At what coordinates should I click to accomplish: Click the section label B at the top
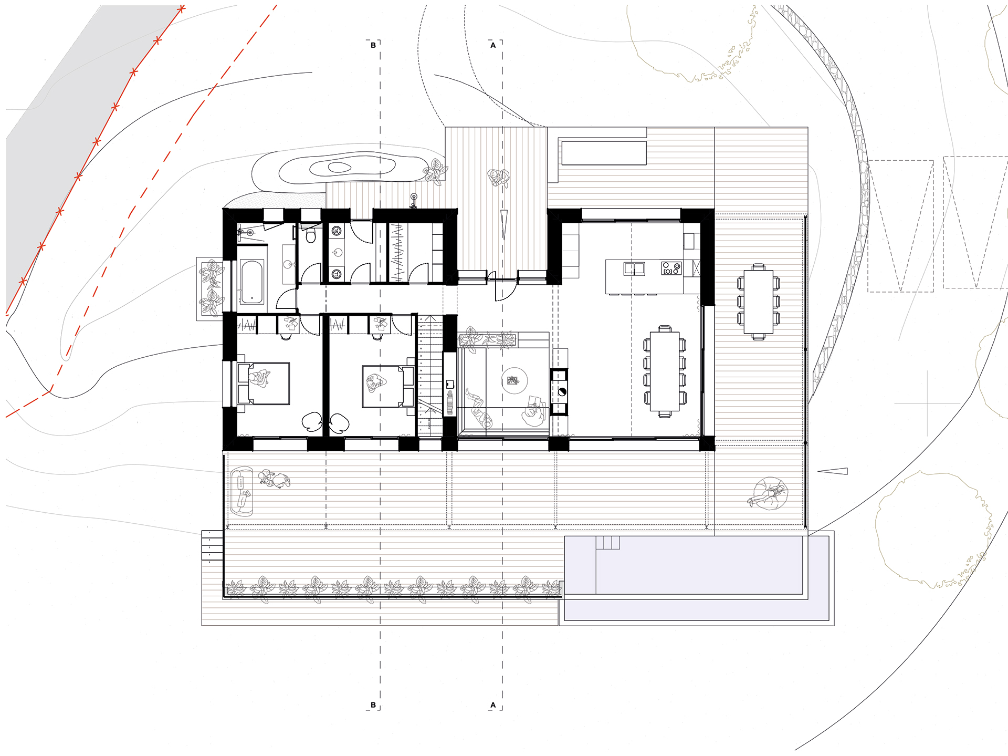pos(373,45)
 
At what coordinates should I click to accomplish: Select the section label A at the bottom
pos(492,705)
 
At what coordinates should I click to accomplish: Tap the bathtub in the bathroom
pos(252,282)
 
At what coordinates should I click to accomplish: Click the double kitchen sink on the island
pos(634,268)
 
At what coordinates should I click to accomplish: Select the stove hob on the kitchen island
pos(671,268)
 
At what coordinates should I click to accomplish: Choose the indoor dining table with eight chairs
pos(665,371)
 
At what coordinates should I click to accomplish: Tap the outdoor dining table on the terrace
pos(759,302)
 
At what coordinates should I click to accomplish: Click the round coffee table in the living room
pos(514,381)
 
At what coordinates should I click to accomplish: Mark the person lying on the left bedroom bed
pos(259,378)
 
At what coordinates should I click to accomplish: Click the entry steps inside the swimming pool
pos(608,542)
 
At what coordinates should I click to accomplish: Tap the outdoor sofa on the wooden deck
pos(241,491)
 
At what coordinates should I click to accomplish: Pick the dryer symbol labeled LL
pos(336,274)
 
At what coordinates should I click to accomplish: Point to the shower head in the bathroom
pos(243,231)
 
